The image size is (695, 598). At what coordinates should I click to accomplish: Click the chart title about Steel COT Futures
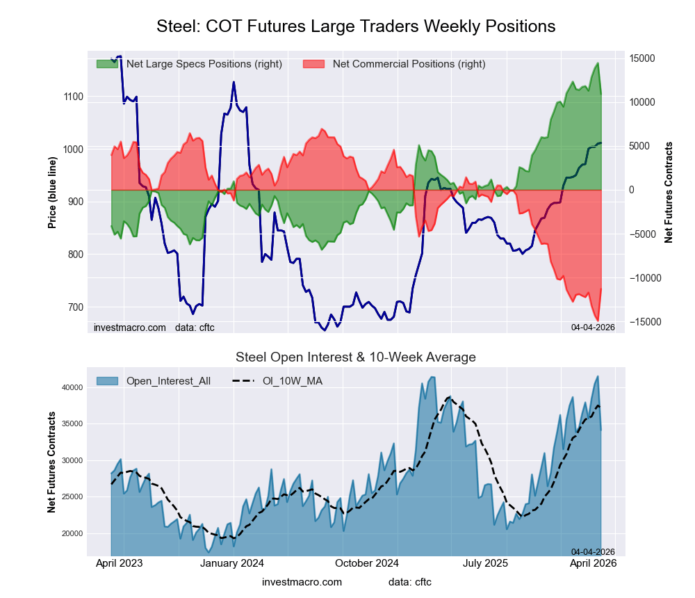pyautogui.click(x=356, y=26)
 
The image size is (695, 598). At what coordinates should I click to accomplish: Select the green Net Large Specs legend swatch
pyautogui.click(x=107, y=64)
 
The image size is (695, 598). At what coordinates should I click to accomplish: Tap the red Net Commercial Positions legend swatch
pyautogui.click(x=314, y=64)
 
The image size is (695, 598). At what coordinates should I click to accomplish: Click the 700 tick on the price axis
pyautogui.click(x=74, y=307)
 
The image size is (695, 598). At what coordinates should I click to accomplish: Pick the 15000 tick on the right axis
pyautogui.click(x=641, y=58)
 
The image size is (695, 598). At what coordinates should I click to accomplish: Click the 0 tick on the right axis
pyautogui.click(x=632, y=190)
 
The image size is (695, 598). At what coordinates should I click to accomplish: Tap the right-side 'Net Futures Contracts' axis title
pyautogui.click(x=669, y=193)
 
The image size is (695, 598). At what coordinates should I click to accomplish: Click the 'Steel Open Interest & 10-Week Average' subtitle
pyautogui.click(x=356, y=357)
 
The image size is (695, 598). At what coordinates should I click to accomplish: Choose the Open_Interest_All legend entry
pyautogui.click(x=153, y=380)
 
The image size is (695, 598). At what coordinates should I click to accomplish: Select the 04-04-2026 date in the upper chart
pyautogui.click(x=593, y=327)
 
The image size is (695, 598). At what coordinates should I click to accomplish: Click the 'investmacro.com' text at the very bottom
pyautogui.click(x=302, y=581)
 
